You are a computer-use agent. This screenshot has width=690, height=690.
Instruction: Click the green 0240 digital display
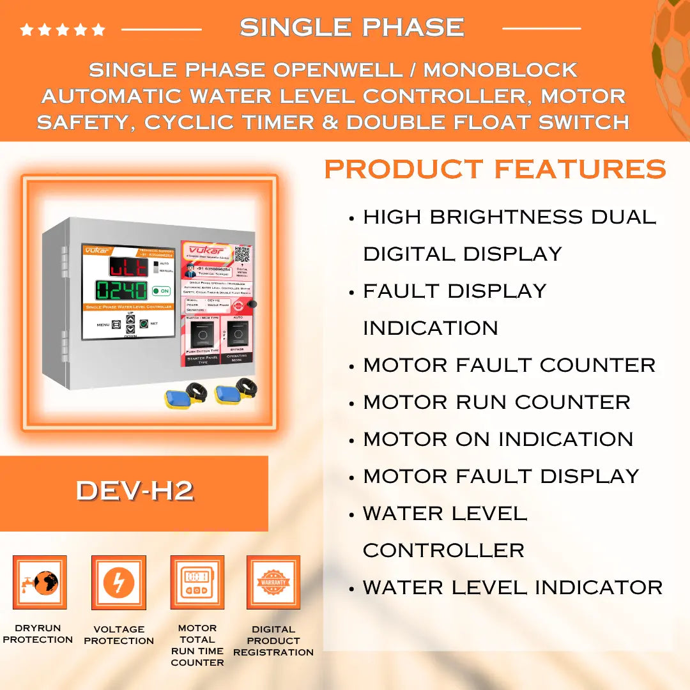[x=121, y=291]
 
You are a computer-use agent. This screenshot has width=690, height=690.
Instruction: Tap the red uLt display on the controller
[x=128, y=266]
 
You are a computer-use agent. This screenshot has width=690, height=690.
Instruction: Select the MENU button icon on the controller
[x=116, y=325]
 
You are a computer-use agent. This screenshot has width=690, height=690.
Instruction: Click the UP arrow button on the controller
[x=130, y=319]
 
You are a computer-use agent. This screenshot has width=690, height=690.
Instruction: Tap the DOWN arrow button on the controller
[x=130, y=329]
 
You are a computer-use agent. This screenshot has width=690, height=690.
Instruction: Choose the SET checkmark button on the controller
[x=144, y=324]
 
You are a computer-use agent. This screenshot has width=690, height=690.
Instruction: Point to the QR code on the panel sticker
[x=241, y=255]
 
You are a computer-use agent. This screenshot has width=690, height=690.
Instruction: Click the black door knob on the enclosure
[x=253, y=304]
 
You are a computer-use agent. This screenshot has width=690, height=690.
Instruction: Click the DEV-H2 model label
[x=134, y=491]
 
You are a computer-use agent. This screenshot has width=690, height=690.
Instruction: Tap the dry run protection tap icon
[x=40, y=582]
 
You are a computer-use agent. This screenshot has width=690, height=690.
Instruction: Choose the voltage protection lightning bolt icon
[x=119, y=582]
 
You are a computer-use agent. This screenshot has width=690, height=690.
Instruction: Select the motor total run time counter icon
[x=197, y=582]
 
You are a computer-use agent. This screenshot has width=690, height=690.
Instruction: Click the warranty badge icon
[x=273, y=582]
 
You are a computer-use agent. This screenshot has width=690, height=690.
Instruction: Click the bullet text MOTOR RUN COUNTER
[x=496, y=402]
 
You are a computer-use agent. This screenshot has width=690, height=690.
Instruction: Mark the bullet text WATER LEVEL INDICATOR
[x=512, y=587]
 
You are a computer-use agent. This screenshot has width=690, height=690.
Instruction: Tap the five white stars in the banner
[x=63, y=29]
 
